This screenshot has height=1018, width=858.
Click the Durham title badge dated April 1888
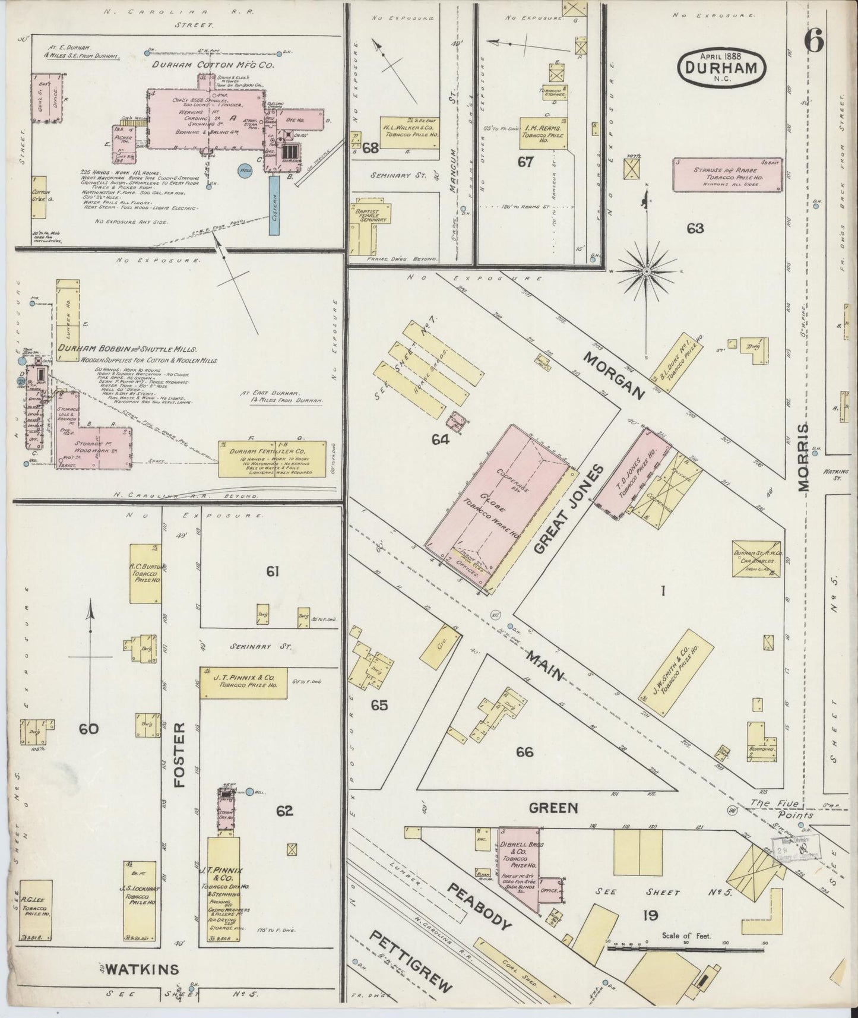pyautogui.click(x=721, y=67)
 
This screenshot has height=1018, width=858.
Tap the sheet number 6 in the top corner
pyautogui.click(x=814, y=42)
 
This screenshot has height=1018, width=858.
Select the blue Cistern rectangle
pyautogui.click(x=275, y=205)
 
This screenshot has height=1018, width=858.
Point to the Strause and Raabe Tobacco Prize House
pyautogui.click(x=727, y=174)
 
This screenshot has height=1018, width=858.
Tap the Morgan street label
pyautogui.click(x=613, y=375)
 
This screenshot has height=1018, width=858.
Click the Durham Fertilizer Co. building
pyautogui.click(x=273, y=459)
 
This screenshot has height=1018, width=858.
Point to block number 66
pyautogui.click(x=524, y=752)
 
